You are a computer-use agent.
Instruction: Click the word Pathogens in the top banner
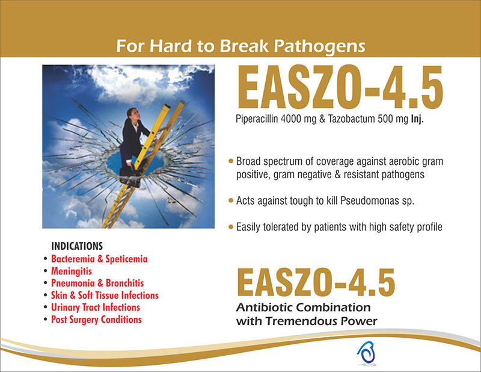[x=319, y=46]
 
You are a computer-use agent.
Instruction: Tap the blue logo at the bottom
[x=367, y=353]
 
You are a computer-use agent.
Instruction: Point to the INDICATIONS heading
[x=77, y=246]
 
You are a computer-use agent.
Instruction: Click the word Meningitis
[x=72, y=271]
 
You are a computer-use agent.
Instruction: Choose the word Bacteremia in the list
[x=73, y=259]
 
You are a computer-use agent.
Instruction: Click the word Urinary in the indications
[x=66, y=308]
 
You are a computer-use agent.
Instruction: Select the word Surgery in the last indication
[x=84, y=320]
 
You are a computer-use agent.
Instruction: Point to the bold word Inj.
[x=417, y=119]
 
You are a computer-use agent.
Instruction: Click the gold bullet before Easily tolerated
[x=231, y=228]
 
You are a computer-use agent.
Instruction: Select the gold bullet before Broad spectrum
[x=231, y=161]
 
